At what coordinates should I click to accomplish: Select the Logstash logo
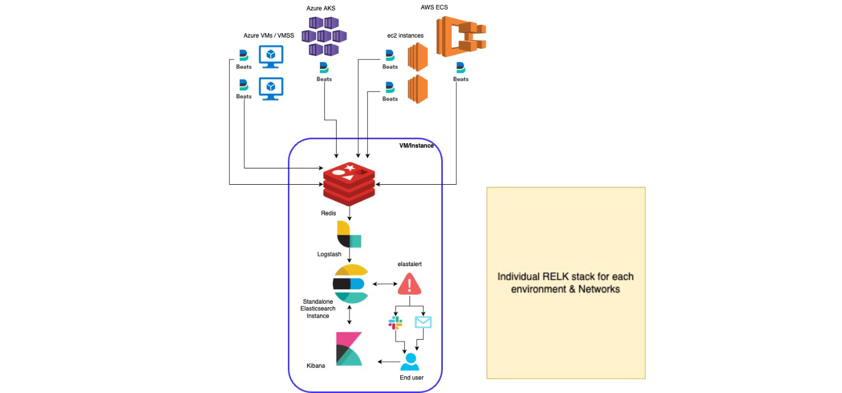click(x=349, y=234)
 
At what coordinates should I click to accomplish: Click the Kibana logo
click(x=349, y=349)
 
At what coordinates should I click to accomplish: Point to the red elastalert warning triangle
click(x=409, y=285)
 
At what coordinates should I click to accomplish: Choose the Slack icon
click(x=395, y=323)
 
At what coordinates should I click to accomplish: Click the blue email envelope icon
click(x=423, y=322)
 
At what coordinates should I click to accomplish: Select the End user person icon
click(x=410, y=362)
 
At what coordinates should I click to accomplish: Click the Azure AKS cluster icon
click(x=324, y=36)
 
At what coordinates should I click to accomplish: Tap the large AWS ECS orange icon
click(x=460, y=36)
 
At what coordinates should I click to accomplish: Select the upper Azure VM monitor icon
click(x=271, y=57)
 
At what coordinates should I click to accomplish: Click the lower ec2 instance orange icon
click(x=418, y=90)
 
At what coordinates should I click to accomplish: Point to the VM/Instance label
click(x=416, y=145)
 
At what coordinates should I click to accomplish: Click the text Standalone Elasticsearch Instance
click(x=318, y=309)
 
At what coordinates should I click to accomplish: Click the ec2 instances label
click(x=405, y=35)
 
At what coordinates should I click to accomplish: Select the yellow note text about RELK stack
click(x=565, y=283)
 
